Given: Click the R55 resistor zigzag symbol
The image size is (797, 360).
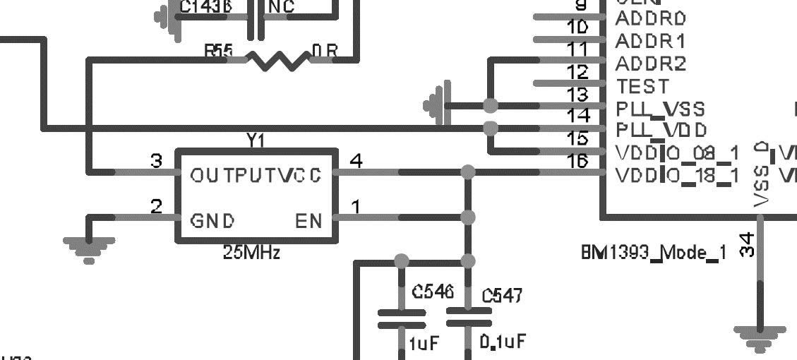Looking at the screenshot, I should tap(278, 60).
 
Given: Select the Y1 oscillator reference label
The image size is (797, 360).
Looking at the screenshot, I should tap(256, 141).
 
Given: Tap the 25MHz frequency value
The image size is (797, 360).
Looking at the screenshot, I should tap(252, 252).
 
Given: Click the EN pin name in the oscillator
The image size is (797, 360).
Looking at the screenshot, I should tap(308, 222).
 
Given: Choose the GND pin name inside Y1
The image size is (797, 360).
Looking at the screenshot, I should tap(212, 222).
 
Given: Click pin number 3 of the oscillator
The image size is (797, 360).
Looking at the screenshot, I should tap(157, 162).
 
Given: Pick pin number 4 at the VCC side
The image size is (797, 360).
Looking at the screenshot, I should tap(356, 162).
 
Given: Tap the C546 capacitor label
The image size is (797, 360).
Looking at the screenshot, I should tap(433, 292).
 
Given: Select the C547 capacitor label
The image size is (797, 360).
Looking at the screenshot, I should tap(502, 296).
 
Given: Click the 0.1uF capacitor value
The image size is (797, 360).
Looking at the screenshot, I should tap(503, 342).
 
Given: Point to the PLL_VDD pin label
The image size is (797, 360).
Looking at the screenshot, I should tap(661, 131).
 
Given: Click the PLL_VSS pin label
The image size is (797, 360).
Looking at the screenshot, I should tap(660, 109).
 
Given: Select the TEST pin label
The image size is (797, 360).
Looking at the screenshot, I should tap(642, 87).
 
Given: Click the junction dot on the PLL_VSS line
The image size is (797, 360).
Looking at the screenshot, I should tap(491, 106).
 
